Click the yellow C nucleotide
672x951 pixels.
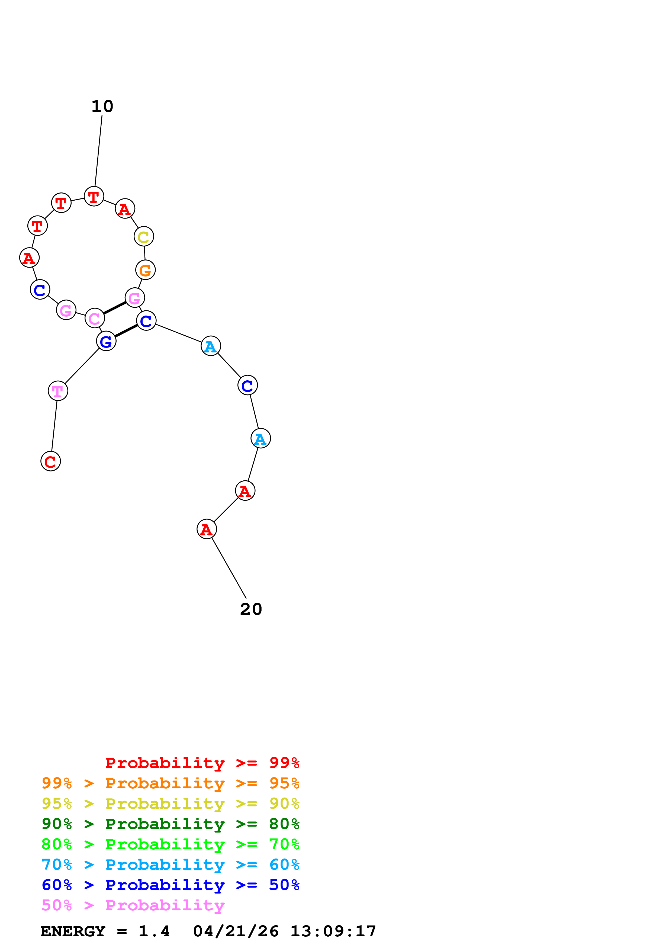click(x=144, y=236)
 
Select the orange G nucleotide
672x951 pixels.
click(x=145, y=270)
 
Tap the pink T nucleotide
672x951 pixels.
click(x=58, y=391)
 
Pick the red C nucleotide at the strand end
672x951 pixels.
click(x=50, y=461)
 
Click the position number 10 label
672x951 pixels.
click(x=102, y=107)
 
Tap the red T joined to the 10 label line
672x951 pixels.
click(x=94, y=196)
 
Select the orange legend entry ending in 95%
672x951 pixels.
click(x=170, y=783)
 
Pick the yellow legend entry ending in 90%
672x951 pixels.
click(x=170, y=803)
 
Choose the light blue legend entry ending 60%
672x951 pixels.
click(x=170, y=865)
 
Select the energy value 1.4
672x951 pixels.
click(x=154, y=931)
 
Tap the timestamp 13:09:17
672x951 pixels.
click(x=333, y=931)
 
